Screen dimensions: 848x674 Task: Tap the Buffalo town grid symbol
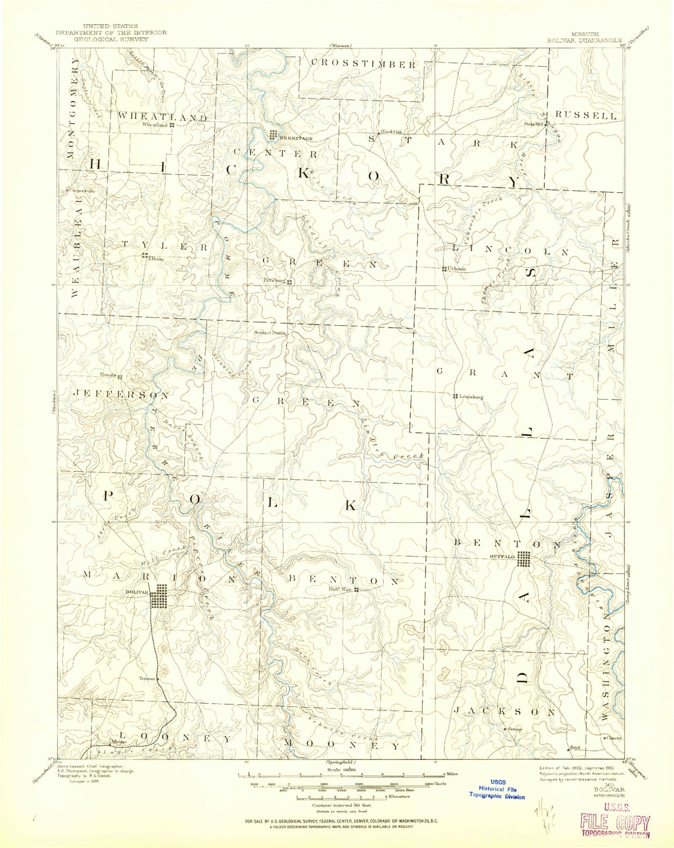[x=523, y=559]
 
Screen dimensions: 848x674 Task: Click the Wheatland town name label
[x=155, y=125]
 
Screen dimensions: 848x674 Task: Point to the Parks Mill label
[x=533, y=124]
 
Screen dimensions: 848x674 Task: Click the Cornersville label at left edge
[x=81, y=190]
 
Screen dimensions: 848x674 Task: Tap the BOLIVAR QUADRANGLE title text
[x=584, y=40]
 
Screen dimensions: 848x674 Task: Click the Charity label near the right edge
[x=615, y=738]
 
